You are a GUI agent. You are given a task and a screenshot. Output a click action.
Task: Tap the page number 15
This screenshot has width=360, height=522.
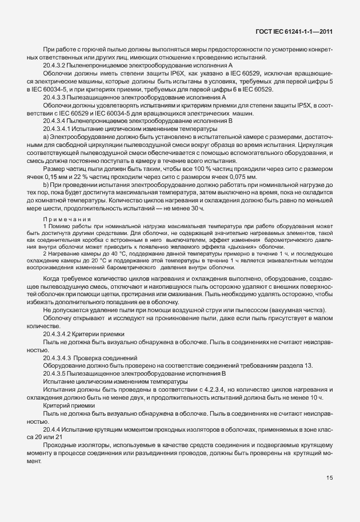(330, 493)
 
